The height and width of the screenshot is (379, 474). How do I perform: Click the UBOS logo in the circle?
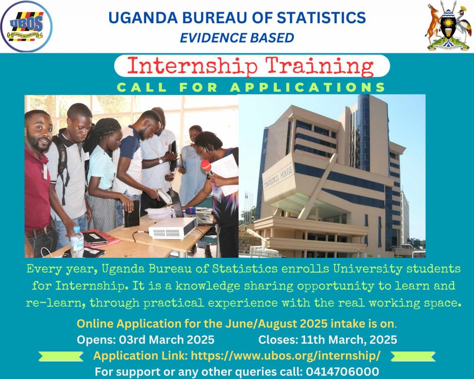pyautogui.click(x=26, y=26)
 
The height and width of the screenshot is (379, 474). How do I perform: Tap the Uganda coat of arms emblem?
pyautogui.click(x=448, y=26)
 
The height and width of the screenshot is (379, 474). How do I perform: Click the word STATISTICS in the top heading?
pyautogui.click(x=321, y=17)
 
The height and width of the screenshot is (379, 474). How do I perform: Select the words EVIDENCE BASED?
pyautogui.click(x=237, y=38)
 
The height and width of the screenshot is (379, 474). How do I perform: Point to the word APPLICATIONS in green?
pyautogui.click(x=307, y=87)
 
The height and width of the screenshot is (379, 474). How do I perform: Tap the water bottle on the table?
pyautogui.click(x=77, y=242)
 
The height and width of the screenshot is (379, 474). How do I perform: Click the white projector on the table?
pyautogui.click(x=173, y=228)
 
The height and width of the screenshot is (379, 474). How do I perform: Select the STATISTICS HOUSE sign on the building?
pyautogui.click(x=278, y=178)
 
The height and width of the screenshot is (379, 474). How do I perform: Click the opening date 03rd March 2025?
pyautogui.click(x=167, y=340)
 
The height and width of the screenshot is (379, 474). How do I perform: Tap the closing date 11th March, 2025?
pyautogui.click(x=349, y=340)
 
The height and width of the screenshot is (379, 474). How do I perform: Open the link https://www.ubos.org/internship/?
pyautogui.click(x=286, y=356)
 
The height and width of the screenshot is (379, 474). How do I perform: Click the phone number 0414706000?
pyautogui.click(x=343, y=372)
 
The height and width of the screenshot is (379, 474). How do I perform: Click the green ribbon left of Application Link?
pyautogui.click(x=61, y=356)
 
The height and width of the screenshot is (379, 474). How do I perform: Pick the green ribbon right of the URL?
pyautogui.click(x=413, y=356)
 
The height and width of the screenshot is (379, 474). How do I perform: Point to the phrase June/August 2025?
pyautogui.click(x=276, y=324)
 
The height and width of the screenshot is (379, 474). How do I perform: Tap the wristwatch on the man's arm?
pyautogui.click(x=161, y=161)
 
